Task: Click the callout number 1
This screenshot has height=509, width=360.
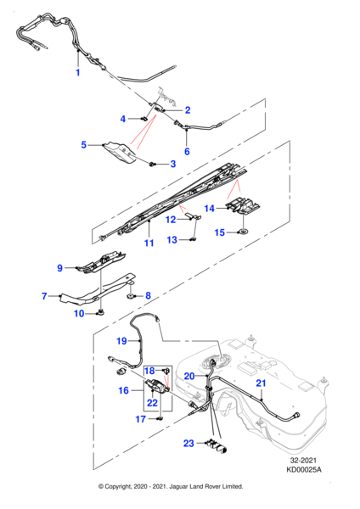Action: pyautogui.click(x=77, y=72)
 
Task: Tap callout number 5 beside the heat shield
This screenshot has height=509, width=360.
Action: pyautogui.click(x=84, y=145)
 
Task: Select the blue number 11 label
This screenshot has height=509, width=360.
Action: pyautogui.click(x=149, y=243)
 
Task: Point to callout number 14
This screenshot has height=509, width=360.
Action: pyautogui.click(x=210, y=208)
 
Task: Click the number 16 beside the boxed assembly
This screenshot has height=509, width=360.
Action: pyautogui.click(x=123, y=390)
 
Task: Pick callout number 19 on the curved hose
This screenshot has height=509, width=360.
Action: pyautogui.click(x=121, y=341)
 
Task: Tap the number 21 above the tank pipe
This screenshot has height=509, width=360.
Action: pyautogui.click(x=261, y=383)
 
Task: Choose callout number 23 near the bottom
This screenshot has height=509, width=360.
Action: pyautogui.click(x=188, y=443)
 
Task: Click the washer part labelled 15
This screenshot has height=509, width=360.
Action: pyautogui.click(x=242, y=232)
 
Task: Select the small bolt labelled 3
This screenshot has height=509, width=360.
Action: pyautogui.click(x=152, y=165)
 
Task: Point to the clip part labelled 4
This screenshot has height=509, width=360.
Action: pyautogui.click(x=144, y=119)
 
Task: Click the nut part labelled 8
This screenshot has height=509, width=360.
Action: pyautogui.click(x=132, y=296)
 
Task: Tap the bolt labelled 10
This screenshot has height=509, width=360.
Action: pyautogui.click(x=101, y=312)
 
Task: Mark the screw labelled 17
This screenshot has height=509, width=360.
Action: pyautogui.click(x=160, y=419)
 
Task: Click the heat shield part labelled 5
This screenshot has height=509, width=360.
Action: pyautogui.click(x=121, y=153)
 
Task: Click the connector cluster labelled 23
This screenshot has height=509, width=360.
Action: pyautogui.click(x=217, y=445)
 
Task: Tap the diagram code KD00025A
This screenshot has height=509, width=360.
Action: pyautogui.click(x=303, y=470)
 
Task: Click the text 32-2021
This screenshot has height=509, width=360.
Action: pyautogui.click(x=303, y=461)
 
